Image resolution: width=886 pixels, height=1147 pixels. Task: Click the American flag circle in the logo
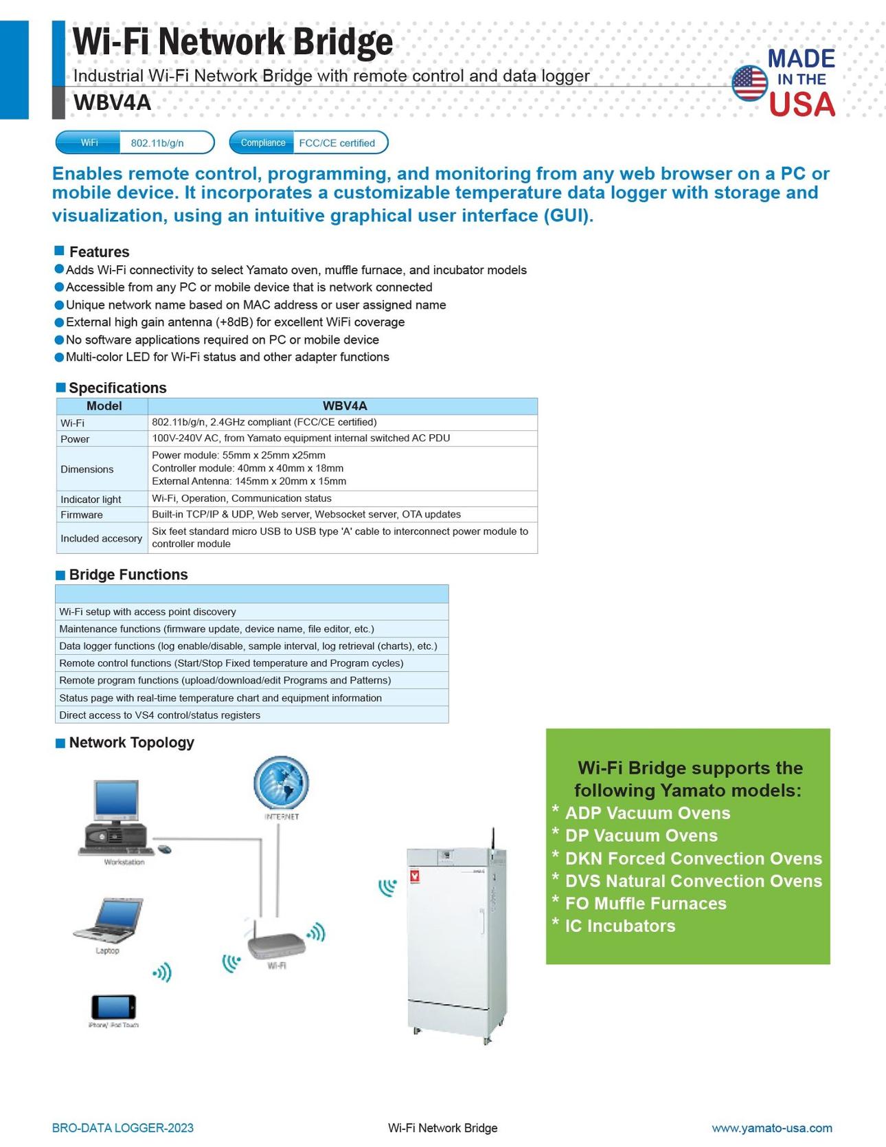coord(749,83)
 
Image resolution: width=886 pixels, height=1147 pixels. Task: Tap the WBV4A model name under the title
coord(112,102)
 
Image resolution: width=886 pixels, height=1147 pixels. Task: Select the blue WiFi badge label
coord(89,143)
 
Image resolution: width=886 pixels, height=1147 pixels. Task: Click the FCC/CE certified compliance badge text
coord(337,143)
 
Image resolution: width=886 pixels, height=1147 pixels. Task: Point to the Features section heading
coord(99,252)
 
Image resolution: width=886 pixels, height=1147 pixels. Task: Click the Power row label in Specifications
coord(75,439)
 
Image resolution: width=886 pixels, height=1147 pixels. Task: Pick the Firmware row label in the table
coord(82,515)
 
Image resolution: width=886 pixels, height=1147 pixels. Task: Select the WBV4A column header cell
coord(345,406)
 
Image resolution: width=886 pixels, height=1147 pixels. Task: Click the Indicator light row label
coord(91,500)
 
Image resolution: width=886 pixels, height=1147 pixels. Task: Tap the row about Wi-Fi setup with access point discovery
coord(148,612)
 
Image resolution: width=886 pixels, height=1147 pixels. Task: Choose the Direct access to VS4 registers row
coord(160,715)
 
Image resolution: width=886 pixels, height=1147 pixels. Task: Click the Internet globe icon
coord(281,783)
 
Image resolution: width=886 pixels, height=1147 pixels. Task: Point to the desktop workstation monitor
coord(116,799)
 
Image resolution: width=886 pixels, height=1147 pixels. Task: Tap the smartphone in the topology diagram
coord(113,1007)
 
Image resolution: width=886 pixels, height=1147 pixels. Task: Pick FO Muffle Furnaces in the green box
coord(646,903)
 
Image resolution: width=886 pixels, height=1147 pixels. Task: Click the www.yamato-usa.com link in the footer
coord(771,1128)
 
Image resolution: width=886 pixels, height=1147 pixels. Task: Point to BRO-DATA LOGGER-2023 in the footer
coord(123,1128)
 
